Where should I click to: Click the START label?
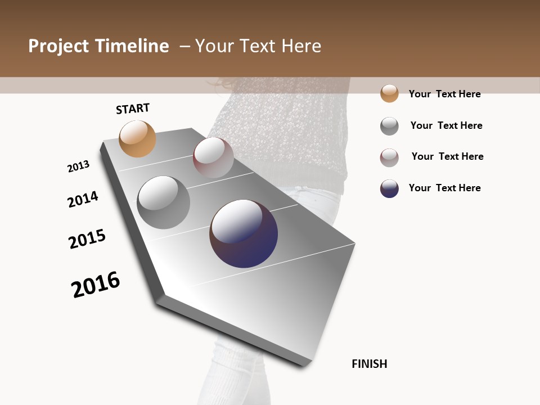tap(133, 109)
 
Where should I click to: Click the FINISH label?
tap(369, 364)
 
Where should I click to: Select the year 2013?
tap(79, 166)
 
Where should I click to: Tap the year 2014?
tap(83, 199)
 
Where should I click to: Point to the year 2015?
tap(87, 239)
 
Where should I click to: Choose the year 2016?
tap(96, 285)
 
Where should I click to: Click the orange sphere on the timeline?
tap(137, 138)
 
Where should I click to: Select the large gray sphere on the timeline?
tap(163, 202)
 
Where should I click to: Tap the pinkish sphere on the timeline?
tap(213, 157)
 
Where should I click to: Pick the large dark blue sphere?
tap(244, 233)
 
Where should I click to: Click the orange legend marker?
tap(389, 93)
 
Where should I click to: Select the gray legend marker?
tap(389, 126)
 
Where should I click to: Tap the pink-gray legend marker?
tap(389, 157)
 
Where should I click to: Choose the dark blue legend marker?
tap(389, 188)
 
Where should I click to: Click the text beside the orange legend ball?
tap(444, 94)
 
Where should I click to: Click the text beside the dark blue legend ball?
tap(444, 188)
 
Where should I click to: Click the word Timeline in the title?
tap(132, 46)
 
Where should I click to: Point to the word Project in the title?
tap(58, 46)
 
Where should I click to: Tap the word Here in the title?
tap(301, 46)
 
